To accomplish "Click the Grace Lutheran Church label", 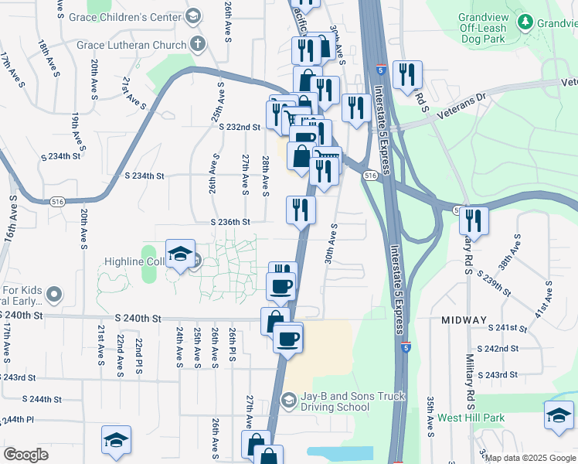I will pyautogui.click(x=131, y=45).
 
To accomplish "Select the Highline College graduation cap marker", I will pyautogui.click(x=179, y=254).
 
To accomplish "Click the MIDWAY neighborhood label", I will pyautogui.click(x=464, y=319).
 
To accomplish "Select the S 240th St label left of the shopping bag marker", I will pyautogui.click(x=138, y=319).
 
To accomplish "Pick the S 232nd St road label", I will pyautogui.click(x=239, y=127).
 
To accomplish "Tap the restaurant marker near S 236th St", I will pyautogui.click(x=301, y=210).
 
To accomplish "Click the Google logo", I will pyautogui.click(x=25, y=455).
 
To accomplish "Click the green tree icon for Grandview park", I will pyautogui.click(x=526, y=22).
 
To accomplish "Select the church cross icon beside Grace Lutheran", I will pyautogui.click(x=198, y=44).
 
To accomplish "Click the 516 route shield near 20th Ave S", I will pyautogui.click(x=56, y=201).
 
